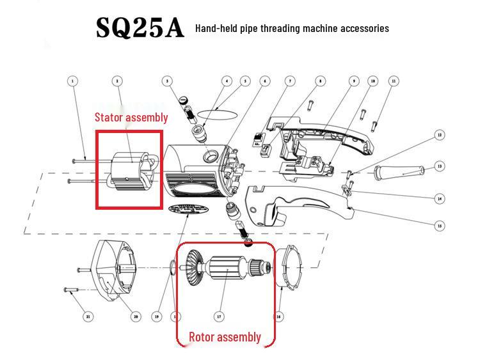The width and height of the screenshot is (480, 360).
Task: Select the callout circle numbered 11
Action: point(394,81)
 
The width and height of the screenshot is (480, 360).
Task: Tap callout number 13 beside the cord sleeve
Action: point(439,166)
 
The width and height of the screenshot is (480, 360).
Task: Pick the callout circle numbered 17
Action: point(219,317)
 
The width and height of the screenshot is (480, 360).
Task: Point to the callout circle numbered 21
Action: point(88,317)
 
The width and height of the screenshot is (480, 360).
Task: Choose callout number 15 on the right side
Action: point(439,225)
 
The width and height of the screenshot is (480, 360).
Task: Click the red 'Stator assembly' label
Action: point(131,117)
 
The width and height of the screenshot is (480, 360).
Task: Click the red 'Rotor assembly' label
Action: point(225,336)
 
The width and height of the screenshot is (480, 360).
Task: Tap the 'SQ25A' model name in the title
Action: point(140,27)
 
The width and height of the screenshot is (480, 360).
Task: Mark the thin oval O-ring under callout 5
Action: point(216,113)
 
